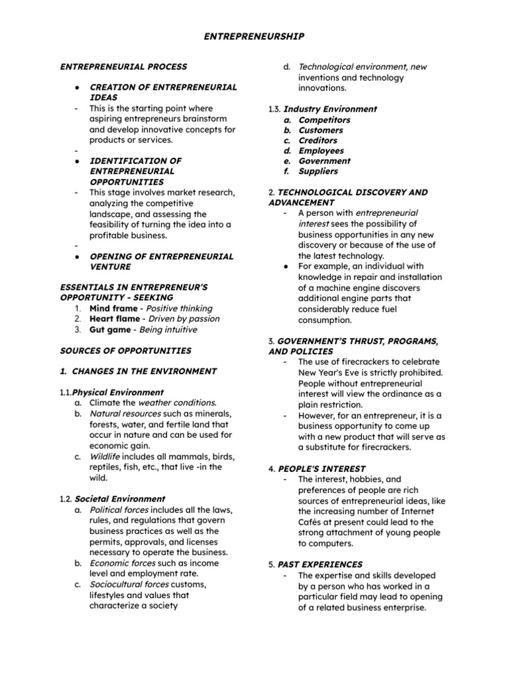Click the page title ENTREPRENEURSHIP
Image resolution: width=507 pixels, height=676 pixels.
(253, 37)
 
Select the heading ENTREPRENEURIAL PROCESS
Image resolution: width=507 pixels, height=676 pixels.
(123, 67)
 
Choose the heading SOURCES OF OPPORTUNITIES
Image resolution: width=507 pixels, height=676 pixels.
(125, 351)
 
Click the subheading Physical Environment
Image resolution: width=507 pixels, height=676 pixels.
(118, 392)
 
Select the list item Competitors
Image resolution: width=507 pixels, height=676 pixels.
(324, 120)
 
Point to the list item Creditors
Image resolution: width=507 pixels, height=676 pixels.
(318, 141)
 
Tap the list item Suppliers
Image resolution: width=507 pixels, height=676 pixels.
(318, 172)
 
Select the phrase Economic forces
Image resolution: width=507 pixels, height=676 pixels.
(122, 563)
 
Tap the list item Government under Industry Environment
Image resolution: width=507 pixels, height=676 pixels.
(324, 161)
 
